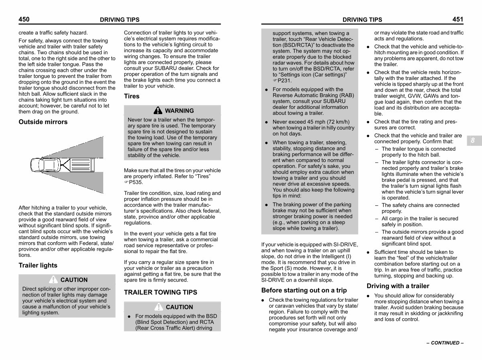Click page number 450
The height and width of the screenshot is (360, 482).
click(24, 19)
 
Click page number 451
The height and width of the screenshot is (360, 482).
click(457, 19)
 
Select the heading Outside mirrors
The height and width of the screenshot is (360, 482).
click(43, 122)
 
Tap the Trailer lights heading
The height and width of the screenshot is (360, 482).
click(38, 266)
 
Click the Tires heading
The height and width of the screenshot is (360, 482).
click(132, 96)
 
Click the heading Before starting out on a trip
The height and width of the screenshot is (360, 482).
click(304, 290)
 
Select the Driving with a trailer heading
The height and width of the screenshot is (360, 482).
click(398, 286)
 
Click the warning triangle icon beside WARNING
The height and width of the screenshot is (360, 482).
click(158, 110)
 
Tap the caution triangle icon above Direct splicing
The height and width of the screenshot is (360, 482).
click(53, 280)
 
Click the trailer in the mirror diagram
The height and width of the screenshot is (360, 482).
click(82, 164)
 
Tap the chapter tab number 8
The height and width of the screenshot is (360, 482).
click(473, 140)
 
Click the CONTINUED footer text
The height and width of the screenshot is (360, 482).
click(445, 343)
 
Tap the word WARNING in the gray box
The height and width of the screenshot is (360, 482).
click(179, 111)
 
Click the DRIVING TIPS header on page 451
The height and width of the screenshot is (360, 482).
click(362, 20)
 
